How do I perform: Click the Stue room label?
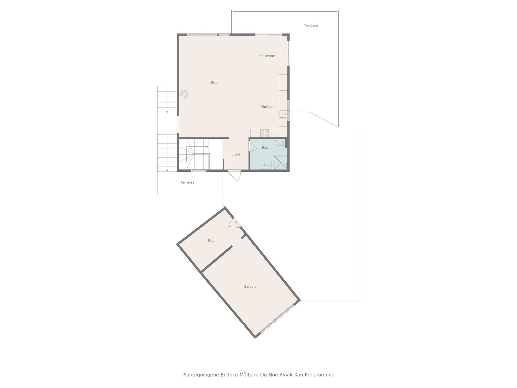click(215, 82)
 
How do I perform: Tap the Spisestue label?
click(267, 56)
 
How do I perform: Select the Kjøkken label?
click(267, 107)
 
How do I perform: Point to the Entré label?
click(236, 155)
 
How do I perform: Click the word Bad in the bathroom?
click(265, 148)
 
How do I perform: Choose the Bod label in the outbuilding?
click(211, 241)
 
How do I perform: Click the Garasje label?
click(250, 286)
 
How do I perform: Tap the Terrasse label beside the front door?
click(187, 182)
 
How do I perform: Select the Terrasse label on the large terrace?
click(311, 25)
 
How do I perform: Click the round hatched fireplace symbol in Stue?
click(183, 94)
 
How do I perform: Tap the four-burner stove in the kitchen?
click(264, 133)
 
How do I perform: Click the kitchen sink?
click(283, 114)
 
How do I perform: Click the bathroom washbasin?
click(265, 165)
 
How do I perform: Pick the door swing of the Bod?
click(233, 223)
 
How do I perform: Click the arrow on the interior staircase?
click(207, 146)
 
